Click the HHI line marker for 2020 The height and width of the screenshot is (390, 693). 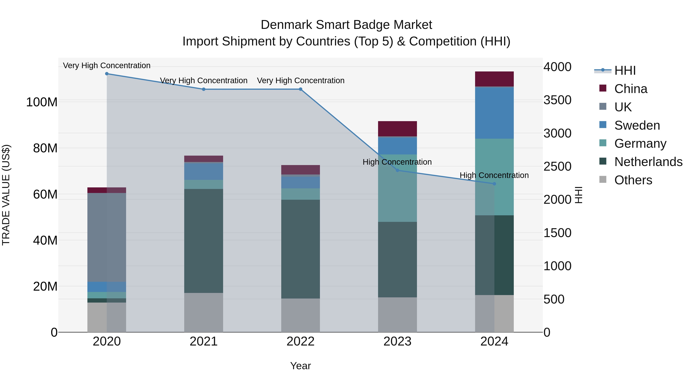107,74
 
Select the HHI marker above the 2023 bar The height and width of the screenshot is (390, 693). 397,170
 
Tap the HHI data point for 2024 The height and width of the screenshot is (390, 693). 494,184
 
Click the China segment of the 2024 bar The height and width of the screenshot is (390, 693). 494,79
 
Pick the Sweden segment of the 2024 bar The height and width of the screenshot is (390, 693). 494,113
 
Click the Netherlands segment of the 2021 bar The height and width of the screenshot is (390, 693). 204,241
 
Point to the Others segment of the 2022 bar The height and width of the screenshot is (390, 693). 300,315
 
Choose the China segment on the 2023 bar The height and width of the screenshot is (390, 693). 397,129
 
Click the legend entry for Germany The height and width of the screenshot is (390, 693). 640,143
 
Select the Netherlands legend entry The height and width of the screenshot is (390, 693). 648,162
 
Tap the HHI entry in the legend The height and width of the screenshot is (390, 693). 625,70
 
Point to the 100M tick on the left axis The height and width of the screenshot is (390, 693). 42,102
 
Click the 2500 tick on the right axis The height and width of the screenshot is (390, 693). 557,166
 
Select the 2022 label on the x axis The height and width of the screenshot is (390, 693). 300,341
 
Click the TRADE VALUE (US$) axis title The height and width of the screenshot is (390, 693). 6,195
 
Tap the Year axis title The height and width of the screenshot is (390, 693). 300,366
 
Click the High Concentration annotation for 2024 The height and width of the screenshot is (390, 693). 494,175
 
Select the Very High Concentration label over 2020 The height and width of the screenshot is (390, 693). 107,65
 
